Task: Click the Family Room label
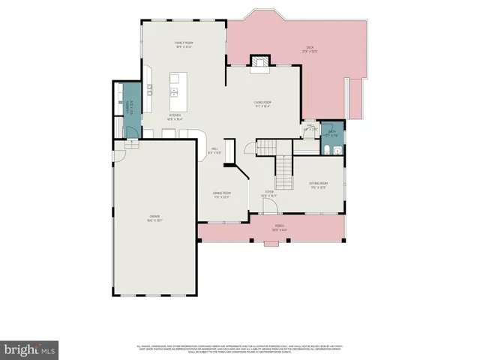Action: pos(184,45)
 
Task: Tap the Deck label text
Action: pos(310,50)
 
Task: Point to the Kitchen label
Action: pos(175,116)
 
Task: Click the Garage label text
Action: pos(154,218)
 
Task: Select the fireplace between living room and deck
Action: pos(259,62)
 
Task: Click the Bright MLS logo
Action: pos(30,349)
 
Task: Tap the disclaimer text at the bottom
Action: pos(240,349)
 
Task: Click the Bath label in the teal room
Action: pos(330,133)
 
